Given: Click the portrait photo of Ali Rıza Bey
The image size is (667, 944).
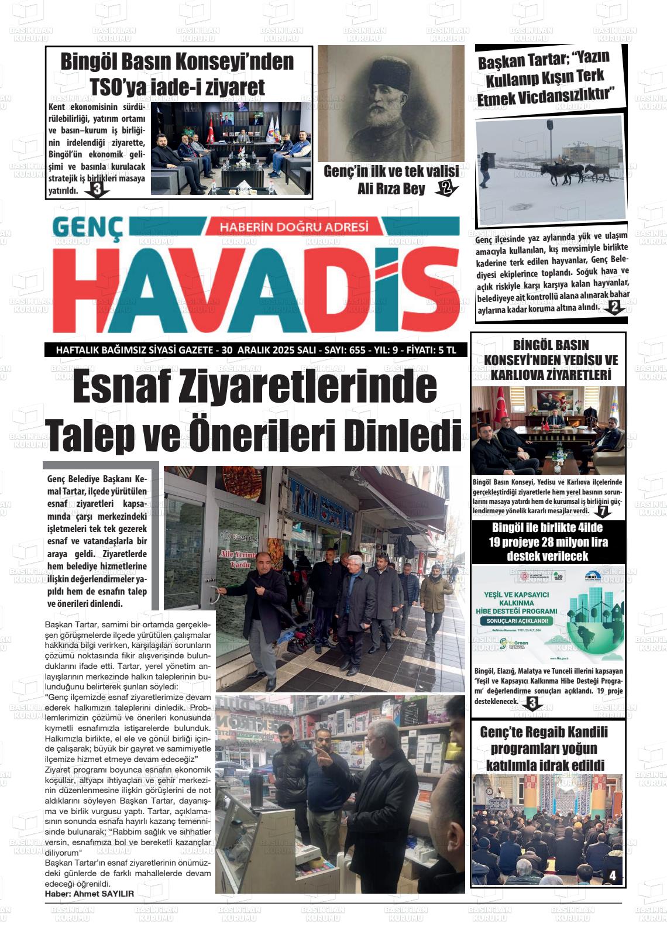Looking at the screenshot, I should [x=390, y=103].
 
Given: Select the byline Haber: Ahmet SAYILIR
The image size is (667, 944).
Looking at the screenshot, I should [x=90, y=894].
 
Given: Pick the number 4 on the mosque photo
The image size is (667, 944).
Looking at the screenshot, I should [x=613, y=876].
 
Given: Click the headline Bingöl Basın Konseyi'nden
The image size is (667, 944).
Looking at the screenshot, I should [x=177, y=61].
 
